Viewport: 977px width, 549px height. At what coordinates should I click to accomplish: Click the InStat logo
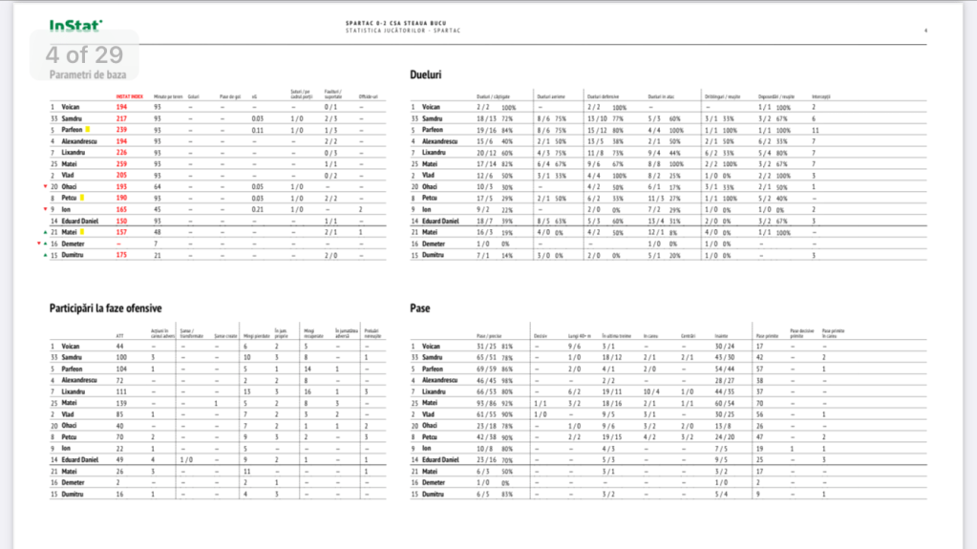[76, 27]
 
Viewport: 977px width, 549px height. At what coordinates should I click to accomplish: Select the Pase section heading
[419, 308]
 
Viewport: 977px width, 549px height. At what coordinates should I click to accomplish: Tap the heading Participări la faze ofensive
[104, 308]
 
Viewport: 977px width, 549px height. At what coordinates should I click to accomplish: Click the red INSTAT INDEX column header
[129, 96]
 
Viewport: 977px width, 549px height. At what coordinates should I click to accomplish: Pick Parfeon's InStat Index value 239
[121, 129]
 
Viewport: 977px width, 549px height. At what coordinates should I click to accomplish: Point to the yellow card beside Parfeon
[87, 129]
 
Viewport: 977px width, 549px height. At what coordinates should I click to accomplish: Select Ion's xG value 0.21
[256, 209]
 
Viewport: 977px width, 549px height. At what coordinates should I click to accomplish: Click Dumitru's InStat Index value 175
[121, 255]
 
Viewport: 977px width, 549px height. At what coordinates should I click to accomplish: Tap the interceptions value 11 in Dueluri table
[813, 129]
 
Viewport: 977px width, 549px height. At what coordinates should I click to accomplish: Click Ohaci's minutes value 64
[158, 186]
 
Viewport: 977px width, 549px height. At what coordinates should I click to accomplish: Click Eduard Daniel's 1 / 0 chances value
[184, 459]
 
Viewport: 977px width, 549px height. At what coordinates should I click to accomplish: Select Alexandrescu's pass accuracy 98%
[506, 379]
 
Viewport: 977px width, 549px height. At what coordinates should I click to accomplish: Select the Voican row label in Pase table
[431, 345]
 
